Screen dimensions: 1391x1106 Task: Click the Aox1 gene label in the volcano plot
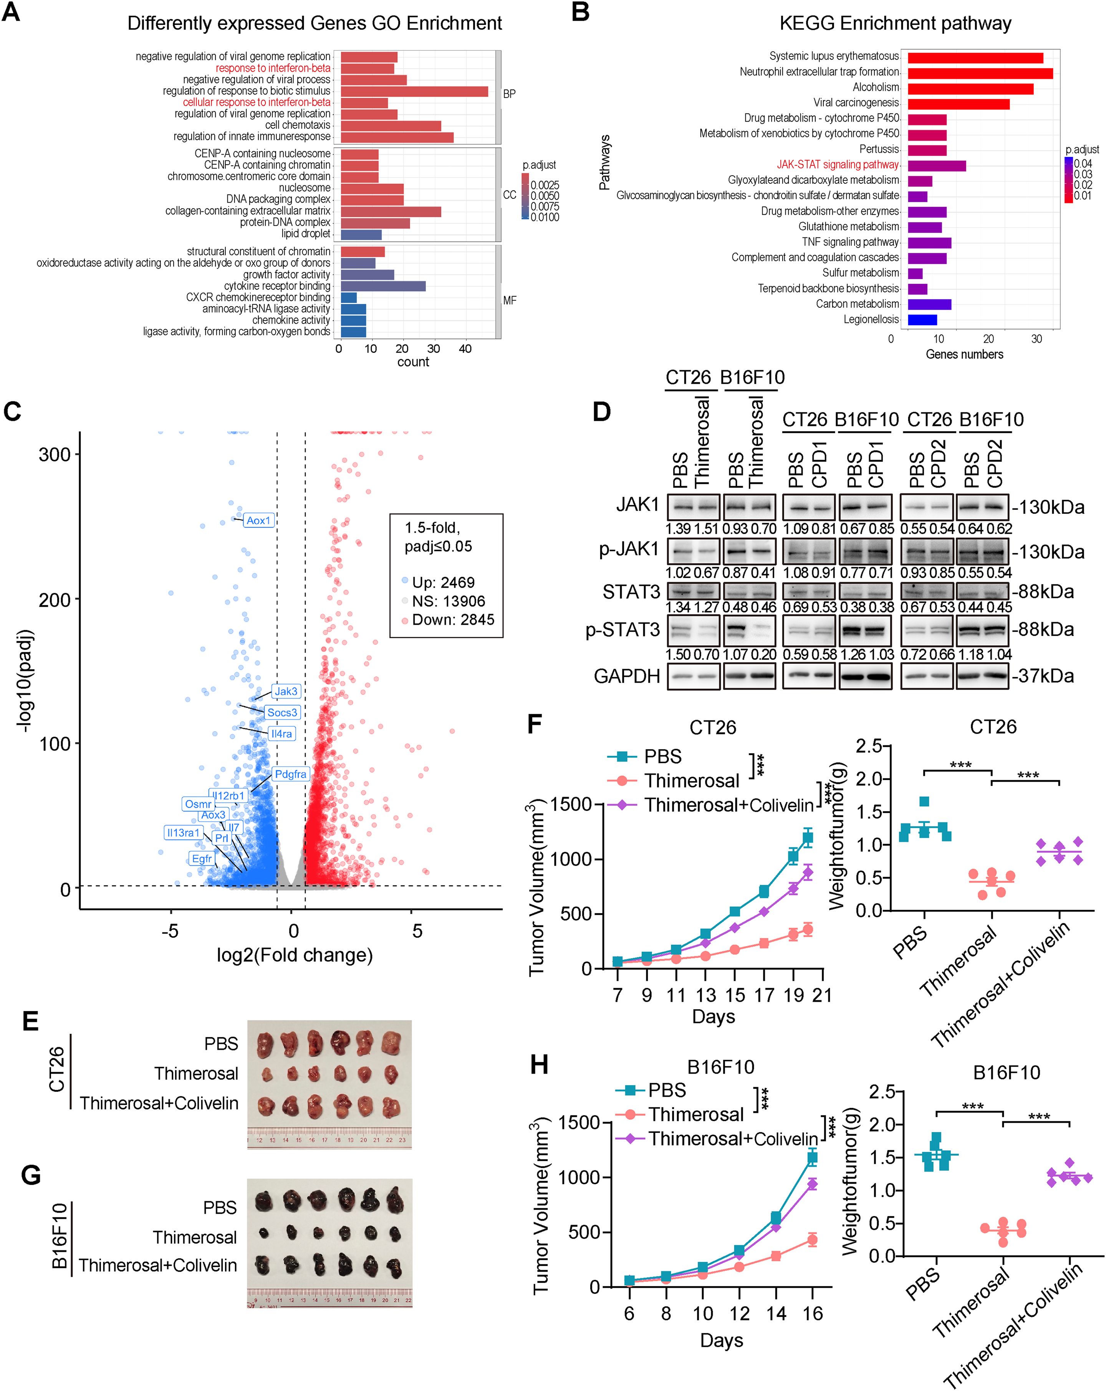click(x=259, y=521)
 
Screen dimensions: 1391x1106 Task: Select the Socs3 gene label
click(x=282, y=712)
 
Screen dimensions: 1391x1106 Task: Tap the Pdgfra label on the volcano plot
click(x=290, y=774)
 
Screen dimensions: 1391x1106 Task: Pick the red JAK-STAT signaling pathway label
click(x=838, y=165)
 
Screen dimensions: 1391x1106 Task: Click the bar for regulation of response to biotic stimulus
click(x=414, y=91)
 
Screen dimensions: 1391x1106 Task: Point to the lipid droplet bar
click(x=361, y=234)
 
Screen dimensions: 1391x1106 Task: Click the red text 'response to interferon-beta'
click(x=272, y=68)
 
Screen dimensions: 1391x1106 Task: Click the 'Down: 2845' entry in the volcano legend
click(x=452, y=620)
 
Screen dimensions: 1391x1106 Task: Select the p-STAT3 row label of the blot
click(x=623, y=630)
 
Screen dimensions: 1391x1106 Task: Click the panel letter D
click(x=602, y=412)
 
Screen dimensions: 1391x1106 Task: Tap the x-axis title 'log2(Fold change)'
click(x=295, y=955)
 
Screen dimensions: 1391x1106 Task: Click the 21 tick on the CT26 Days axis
click(x=822, y=995)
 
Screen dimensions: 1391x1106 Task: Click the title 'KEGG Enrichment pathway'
click(x=895, y=24)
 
